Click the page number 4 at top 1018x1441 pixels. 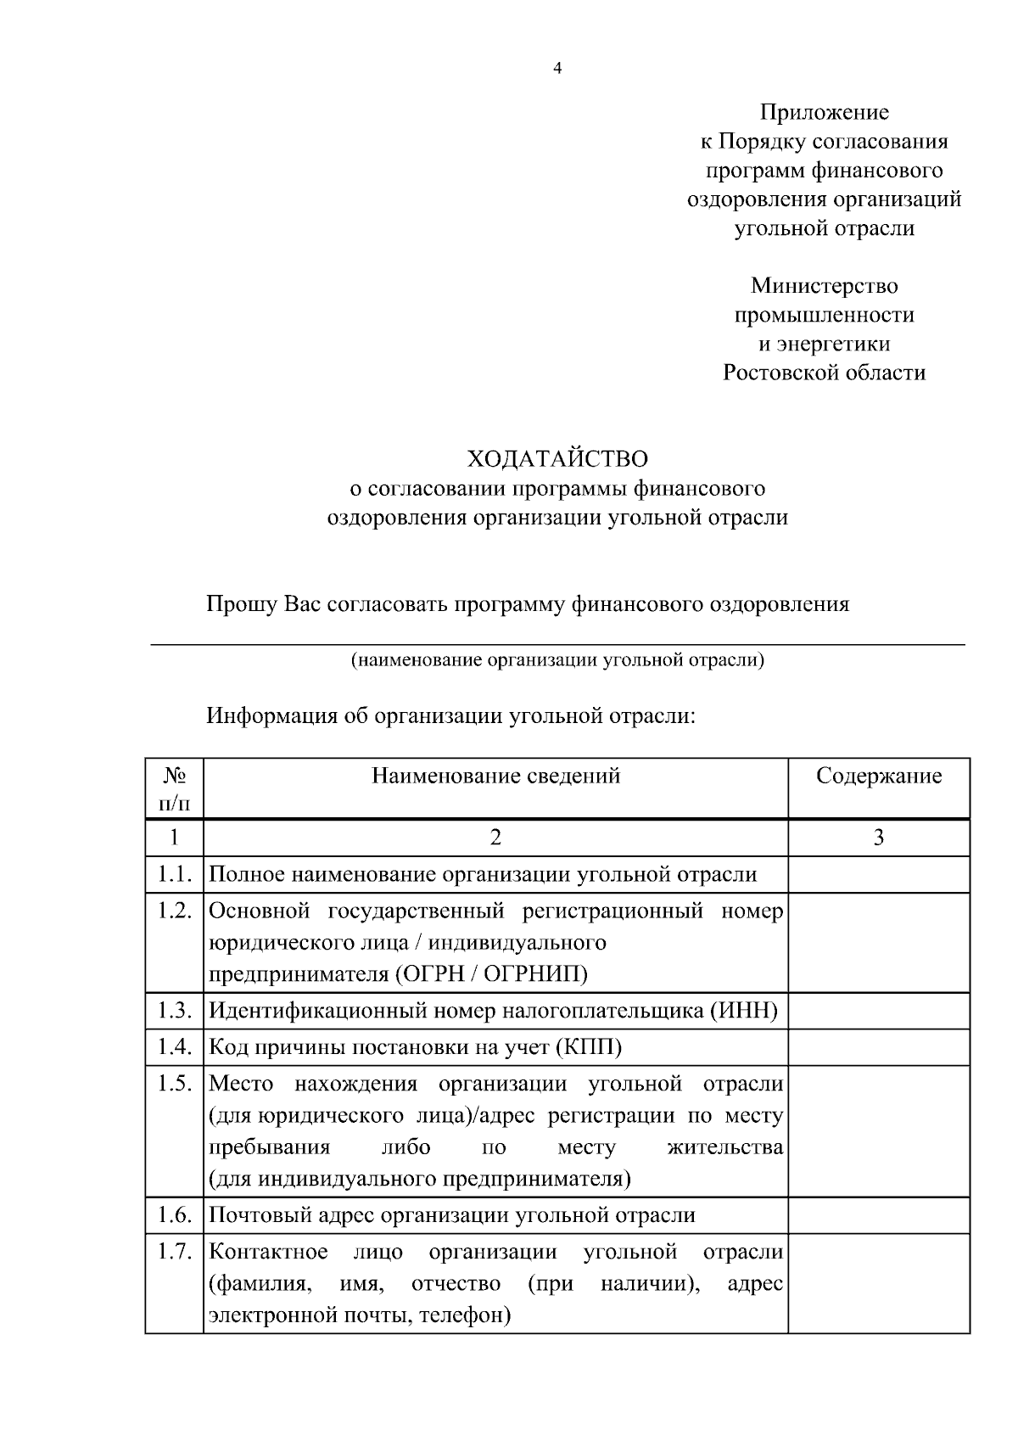(557, 70)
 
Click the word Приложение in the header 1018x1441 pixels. (824, 112)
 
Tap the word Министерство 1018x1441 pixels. (824, 285)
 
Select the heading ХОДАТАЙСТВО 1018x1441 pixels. (557, 459)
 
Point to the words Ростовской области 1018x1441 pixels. (824, 372)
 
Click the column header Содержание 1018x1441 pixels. (879, 776)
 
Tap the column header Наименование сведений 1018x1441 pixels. (495, 776)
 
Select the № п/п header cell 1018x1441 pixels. (174, 788)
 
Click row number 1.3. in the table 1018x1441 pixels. (175, 1011)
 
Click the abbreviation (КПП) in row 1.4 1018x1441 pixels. (589, 1047)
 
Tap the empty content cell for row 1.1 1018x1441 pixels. (879, 874)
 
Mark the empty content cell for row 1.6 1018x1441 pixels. (879, 1215)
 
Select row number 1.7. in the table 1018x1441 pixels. (175, 1253)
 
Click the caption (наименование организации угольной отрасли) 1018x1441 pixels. (557, 660)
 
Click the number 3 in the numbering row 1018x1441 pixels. (879, 838)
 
